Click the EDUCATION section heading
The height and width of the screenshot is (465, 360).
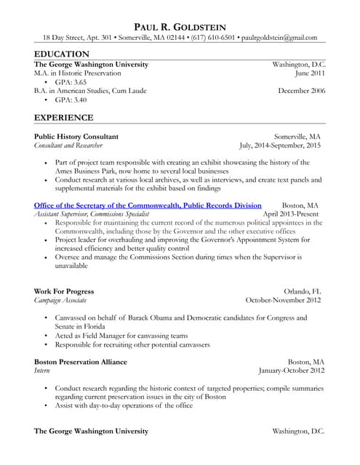[62, 54]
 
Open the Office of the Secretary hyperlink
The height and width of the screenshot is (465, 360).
[148, 206]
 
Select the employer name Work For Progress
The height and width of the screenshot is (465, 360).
[64, 291]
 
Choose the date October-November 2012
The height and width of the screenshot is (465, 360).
[283, 300]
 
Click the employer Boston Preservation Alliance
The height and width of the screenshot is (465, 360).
[81, 361]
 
